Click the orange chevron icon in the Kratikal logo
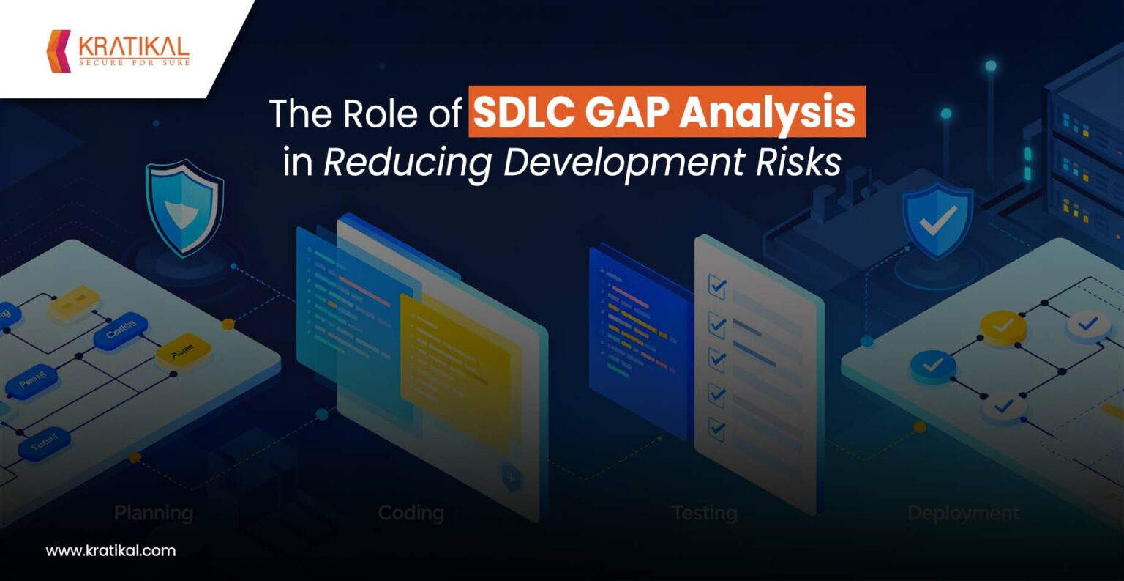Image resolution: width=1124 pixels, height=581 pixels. pyautogui.click(x=59, y=51)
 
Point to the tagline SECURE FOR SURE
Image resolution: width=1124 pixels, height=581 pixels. pyautogui.click(x=134, y=63)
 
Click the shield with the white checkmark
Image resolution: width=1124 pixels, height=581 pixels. pyautogui.click(x=937, y=221)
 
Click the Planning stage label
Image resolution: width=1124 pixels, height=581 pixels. pyautogui.click(x=154, y=513)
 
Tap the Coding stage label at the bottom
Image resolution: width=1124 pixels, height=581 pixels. pyautogui.click(x=411, y=513)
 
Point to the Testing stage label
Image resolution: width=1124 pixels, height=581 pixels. pyautogui.click(x=704, y=513)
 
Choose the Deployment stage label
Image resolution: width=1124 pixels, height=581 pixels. pyautogui.click(x=963, y=513)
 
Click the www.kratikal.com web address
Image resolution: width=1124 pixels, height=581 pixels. pyautogui.click(x=110, y=551)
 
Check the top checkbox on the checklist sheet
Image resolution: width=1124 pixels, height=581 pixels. pyautogui.click(x=717, y=286)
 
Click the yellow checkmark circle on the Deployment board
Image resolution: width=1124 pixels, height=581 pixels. pyautogui.click(x=1003, y=326)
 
